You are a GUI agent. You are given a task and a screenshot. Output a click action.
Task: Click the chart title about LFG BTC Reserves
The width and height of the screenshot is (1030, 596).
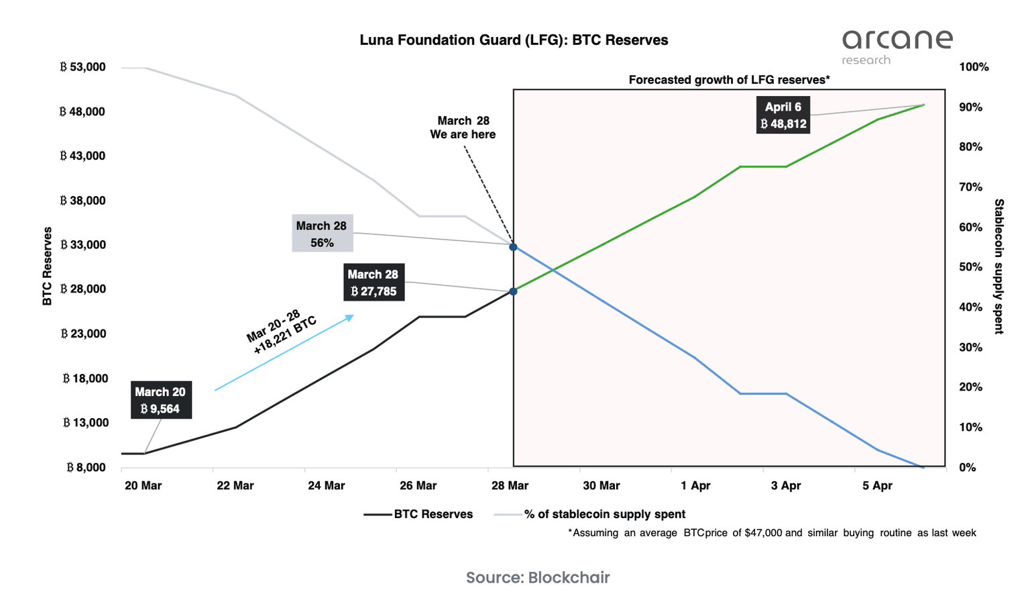click(514, 40)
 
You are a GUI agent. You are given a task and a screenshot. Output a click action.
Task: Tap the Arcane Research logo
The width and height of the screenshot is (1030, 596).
click(897, 46)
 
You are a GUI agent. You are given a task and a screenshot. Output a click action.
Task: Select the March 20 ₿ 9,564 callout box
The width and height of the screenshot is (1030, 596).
click(160, 401)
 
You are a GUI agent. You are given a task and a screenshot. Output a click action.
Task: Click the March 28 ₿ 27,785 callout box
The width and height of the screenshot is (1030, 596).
click(374, 283)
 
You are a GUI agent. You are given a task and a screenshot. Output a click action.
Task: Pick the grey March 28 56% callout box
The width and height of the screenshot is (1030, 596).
click(322, 234)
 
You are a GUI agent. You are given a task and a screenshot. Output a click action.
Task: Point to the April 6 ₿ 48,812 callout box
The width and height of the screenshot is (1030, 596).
click(783, 115)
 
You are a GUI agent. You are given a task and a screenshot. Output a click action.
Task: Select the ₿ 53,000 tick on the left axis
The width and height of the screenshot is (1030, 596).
click(82, 67)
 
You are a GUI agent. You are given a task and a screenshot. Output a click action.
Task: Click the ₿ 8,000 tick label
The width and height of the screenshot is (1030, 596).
click(86, 467)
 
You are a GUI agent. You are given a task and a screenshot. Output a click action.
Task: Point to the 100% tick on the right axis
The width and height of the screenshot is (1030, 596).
click(974, 67)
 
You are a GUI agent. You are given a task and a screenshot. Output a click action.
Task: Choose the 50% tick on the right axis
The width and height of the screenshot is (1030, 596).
click(970, 267)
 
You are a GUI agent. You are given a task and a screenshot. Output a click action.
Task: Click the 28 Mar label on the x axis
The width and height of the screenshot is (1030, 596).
click(510, 485)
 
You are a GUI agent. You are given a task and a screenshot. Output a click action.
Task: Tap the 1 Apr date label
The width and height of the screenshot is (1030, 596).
click(695, 485)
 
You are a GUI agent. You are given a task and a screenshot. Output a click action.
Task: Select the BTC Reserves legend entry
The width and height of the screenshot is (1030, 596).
click(418, 514)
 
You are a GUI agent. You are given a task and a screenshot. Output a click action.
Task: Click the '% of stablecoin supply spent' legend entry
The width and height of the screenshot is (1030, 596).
click(590, 514)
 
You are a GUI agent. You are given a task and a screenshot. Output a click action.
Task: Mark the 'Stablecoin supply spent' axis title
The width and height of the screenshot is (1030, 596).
click(998, 266)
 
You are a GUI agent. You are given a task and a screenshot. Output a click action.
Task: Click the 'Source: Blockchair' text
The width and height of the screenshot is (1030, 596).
click(538, 577)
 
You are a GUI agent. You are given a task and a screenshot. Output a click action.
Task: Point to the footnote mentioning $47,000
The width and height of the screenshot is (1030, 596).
click(772, 533)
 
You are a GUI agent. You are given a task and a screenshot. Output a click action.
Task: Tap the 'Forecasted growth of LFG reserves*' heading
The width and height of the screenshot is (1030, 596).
click(729, 80)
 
